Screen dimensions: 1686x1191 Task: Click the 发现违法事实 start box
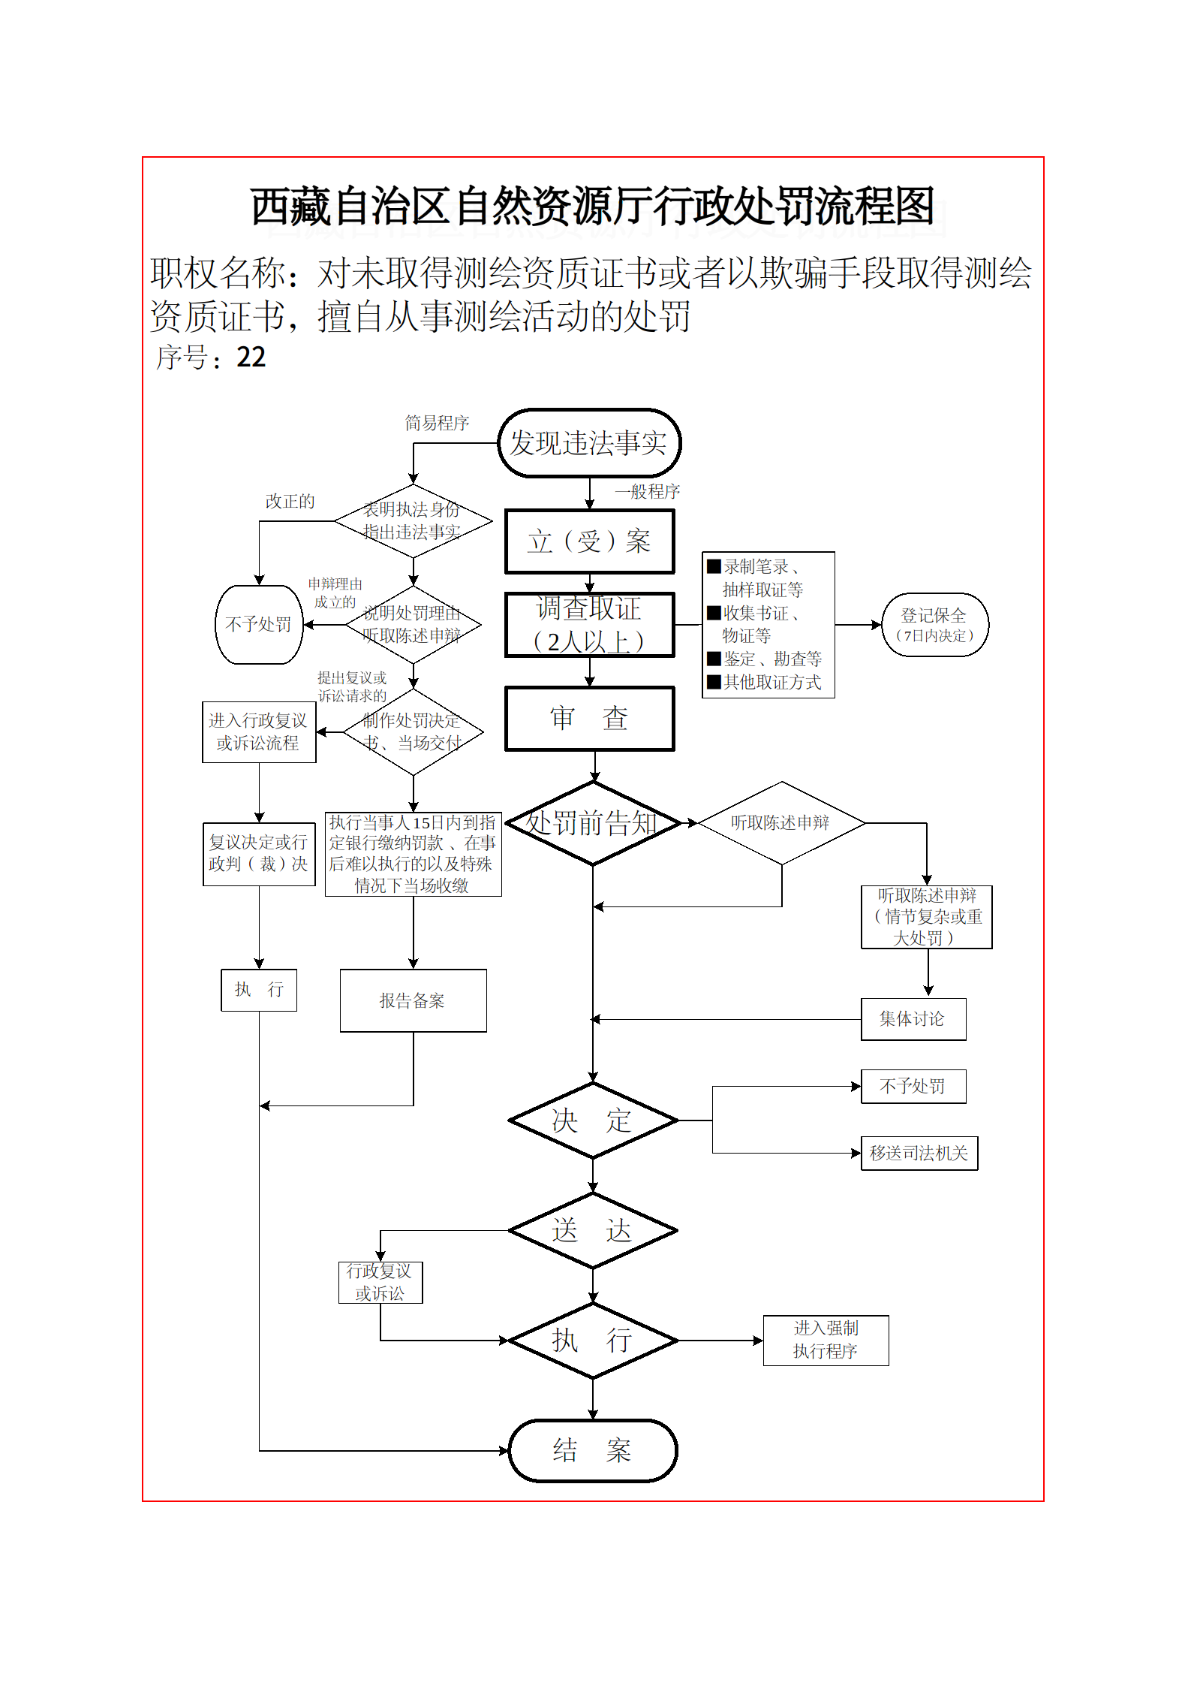pyautogui.click(x=589, y=443)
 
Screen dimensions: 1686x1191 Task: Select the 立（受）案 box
pyautogui.click(x=589, y=541)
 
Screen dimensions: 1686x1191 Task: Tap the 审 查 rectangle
pyautogui.click(x=589, y=719)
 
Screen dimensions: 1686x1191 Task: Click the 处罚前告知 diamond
pyautogui.click(x=593, y=823)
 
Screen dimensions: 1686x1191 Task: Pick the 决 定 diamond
pyautogui.click(x=593, y=1120)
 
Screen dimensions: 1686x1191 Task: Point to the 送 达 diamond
pyautogui.click(x=593, y=1230)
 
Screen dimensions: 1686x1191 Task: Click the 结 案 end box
pyautogui.click(x=593, y=1450)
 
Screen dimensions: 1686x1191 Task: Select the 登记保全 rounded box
pyautogui.click(x=934, y=625)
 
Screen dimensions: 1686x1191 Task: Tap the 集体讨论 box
pyautogui.click(x=913, y=1019)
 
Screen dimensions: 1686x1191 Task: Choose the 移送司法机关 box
pyautogui.click(x=919, y=1153)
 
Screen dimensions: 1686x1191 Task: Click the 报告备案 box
pyautogui.click(x=413, y=1000)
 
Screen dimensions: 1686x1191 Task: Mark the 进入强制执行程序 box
pyautogui.click(x=826, y=1340)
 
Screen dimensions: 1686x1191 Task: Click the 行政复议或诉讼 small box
pyautogui.click(x=380, y=1282)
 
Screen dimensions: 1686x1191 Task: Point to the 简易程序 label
pyautogui.click(x=437, y=424)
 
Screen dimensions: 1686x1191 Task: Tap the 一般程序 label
pyautogui.click(x=647, y=492)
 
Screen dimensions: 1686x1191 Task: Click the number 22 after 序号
pyautogui.click(x=251, y=357)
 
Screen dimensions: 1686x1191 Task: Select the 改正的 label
pyautogui.click(x=290, y=502)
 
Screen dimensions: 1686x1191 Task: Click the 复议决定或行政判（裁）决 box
pyautogui.click(x=259, y=854)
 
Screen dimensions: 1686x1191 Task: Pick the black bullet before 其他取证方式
pyautogui.click(x=714, y=682)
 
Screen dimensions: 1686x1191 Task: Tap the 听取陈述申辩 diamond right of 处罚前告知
pyautogui.click(x=781, y=823)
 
